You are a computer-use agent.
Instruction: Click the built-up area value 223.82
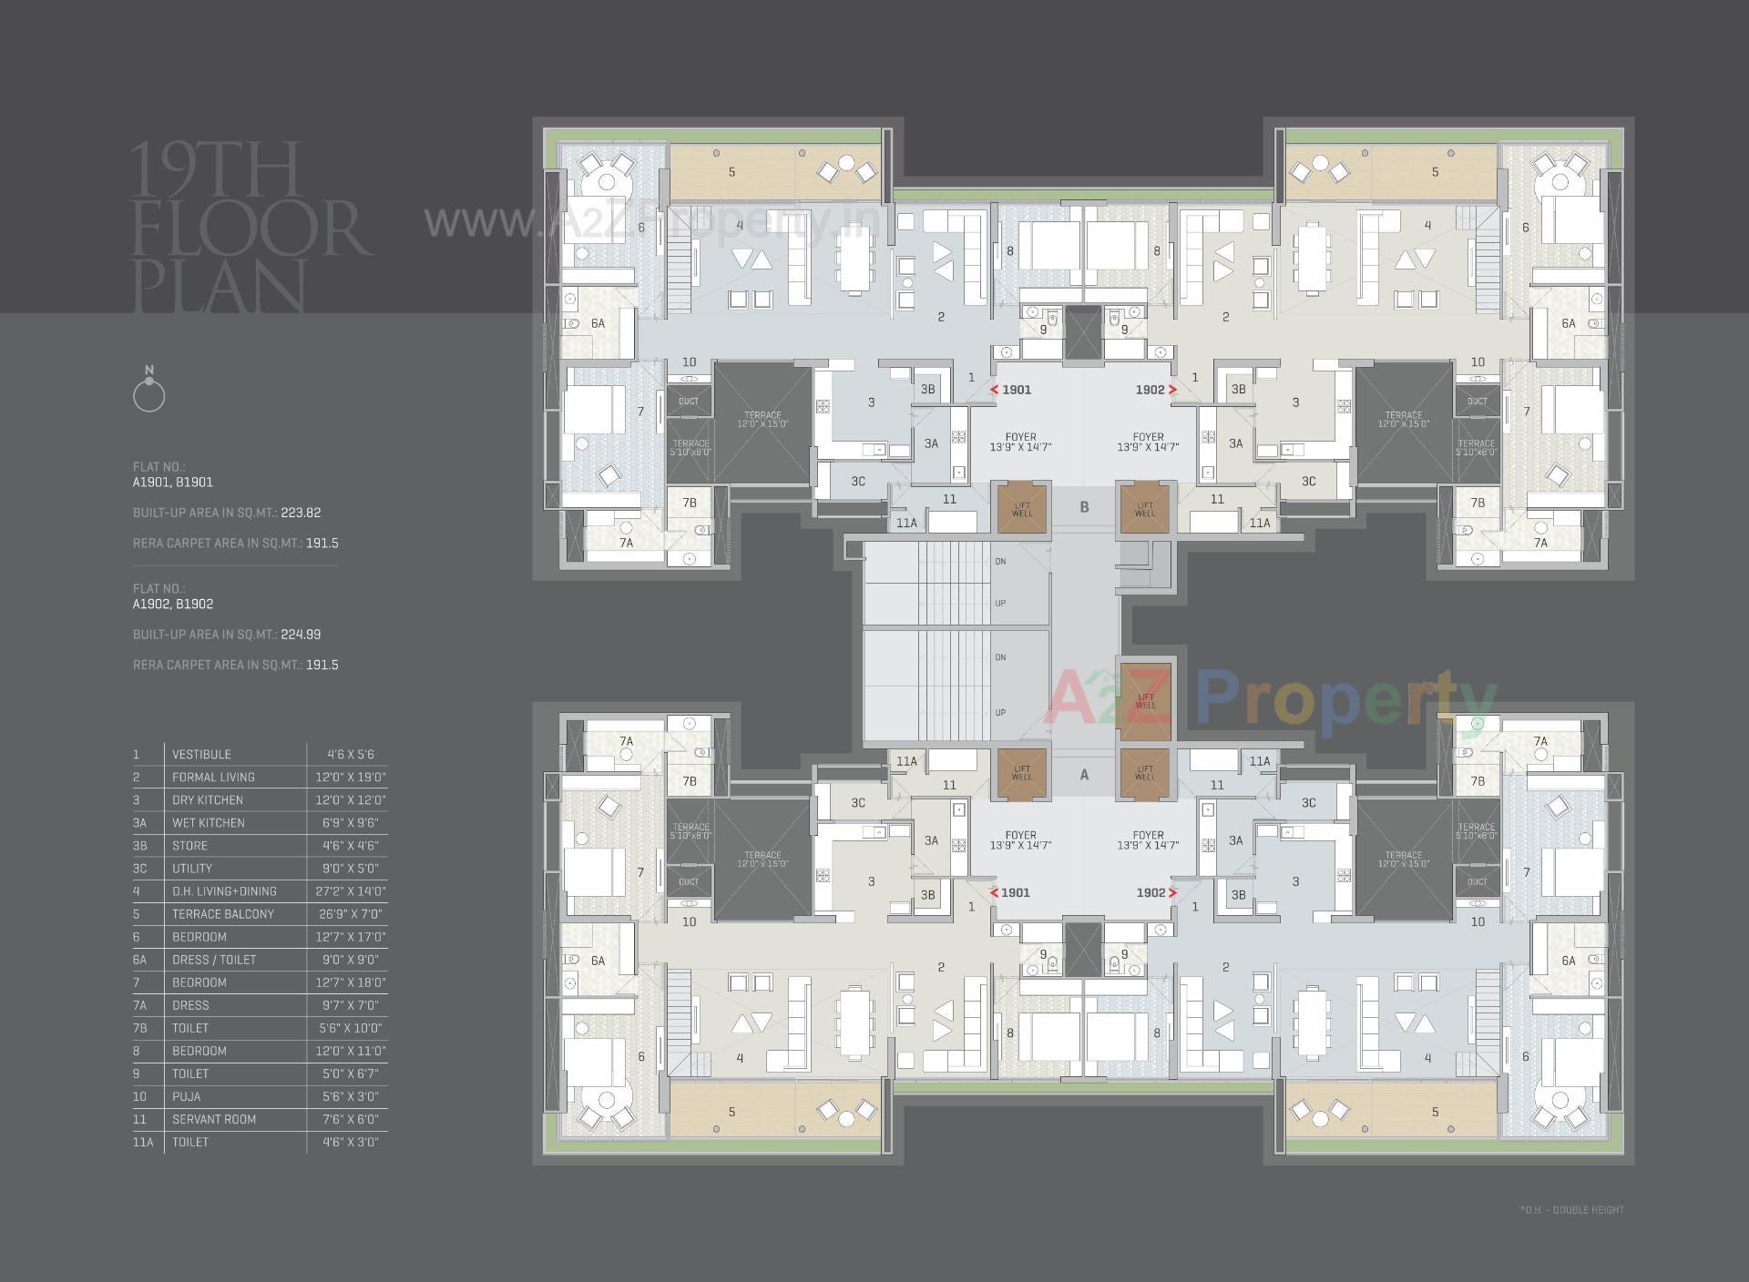[301, 513]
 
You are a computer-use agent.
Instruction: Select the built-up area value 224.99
[301, 635]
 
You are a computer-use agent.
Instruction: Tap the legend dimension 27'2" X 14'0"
[351, 891]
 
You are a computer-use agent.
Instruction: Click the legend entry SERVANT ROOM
[214, 1119]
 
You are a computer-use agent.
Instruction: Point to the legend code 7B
[139, 1028]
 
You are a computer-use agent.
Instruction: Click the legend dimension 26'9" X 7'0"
[351, 914]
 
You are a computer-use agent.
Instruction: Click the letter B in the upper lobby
[1084, 507]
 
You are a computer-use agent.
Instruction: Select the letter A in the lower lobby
[1084, 775]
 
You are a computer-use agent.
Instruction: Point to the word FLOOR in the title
[252, 229]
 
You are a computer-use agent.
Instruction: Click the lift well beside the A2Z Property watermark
[1145, 700]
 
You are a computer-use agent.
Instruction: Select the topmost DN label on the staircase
[1000, 561]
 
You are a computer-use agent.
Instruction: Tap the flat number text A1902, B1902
[173, 604]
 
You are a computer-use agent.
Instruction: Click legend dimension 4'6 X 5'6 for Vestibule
[351, 754]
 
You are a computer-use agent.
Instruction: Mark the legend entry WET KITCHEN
[209, 823]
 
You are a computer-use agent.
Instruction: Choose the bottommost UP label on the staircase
[1000, 713]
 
